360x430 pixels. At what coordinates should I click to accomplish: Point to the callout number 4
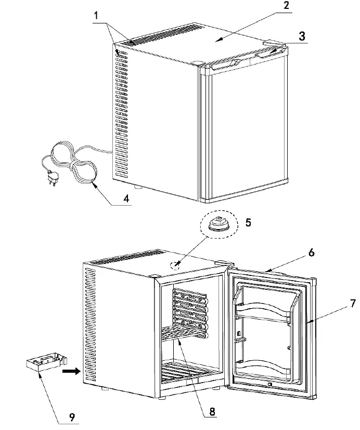pyautogui.click(x=125, y=199)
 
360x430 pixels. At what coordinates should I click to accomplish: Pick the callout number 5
pyautogui.click(x=248, y=223)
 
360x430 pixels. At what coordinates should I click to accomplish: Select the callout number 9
pyautogui.click(x=73, y=416)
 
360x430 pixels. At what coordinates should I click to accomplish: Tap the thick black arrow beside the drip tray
pyautogui.click(x=70, y=372)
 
